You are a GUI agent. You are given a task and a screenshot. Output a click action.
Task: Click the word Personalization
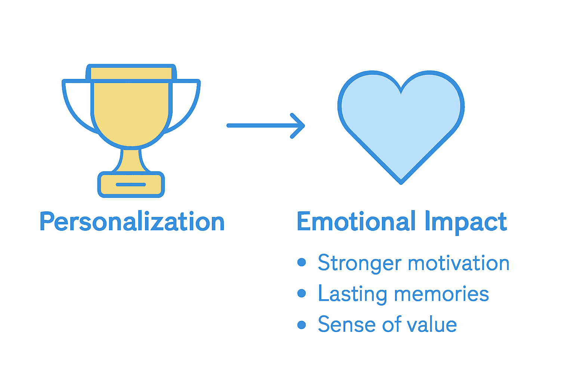(x=132, y=222)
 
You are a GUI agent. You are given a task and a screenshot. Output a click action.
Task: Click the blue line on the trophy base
(x=131, y=184)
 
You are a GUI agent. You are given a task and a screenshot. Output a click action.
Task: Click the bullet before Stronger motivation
(x=302, y=263)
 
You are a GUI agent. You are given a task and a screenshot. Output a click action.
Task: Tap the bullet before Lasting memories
(x=302, y=293)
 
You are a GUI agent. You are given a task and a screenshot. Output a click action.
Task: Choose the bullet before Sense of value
(x=302, y=324)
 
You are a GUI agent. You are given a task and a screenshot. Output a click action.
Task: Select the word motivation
(x=459, y=263)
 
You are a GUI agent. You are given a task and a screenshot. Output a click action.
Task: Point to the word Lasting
(x=352, y=294)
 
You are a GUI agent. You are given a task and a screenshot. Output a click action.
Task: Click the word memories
(x=441, y=294)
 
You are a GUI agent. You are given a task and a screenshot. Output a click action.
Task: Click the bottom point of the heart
(x=401, y=182)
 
